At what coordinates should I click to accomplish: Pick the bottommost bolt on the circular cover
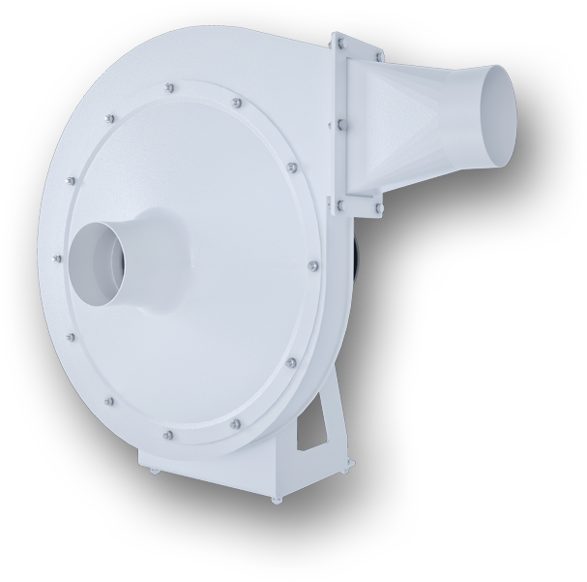click(169, 436)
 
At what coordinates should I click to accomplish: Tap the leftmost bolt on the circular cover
click(58, 256)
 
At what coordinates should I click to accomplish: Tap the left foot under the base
click(153, 472)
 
